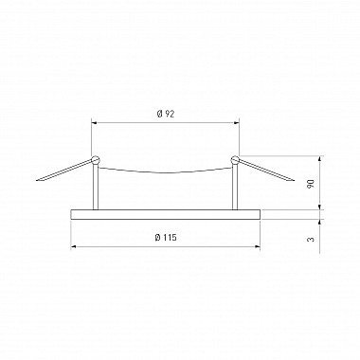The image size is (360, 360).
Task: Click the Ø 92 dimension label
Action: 166,114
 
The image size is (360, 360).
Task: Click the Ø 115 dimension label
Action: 166,238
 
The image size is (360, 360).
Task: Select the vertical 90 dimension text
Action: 311,184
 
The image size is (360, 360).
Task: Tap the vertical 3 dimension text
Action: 311,239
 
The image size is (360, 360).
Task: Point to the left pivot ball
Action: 95,160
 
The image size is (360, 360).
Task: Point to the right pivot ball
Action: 235,160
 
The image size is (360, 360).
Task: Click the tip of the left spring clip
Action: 37,181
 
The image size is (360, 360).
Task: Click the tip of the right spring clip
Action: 294,181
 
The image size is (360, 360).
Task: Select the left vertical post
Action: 96,187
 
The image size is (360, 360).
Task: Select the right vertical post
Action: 235,187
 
